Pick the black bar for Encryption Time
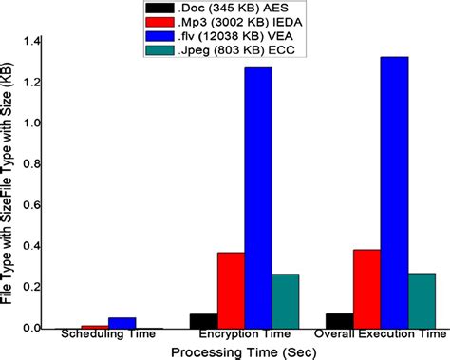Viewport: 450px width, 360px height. coord(203,320)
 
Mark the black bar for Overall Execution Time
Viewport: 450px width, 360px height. coord(339,320)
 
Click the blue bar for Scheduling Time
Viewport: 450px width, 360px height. coord(122,323)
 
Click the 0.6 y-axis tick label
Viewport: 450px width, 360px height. coord(33,205)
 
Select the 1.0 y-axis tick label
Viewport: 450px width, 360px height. coord(33,123)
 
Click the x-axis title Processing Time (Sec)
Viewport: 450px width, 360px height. coord(243,351)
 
